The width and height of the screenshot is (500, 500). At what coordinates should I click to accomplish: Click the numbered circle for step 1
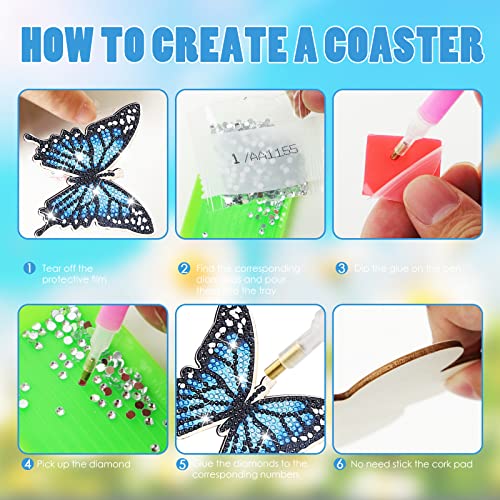coord(29,269)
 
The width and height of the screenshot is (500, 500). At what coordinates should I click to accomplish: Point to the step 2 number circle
coord(185,269)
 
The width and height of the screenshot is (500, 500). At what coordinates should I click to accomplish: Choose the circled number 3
coord(341,269)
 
